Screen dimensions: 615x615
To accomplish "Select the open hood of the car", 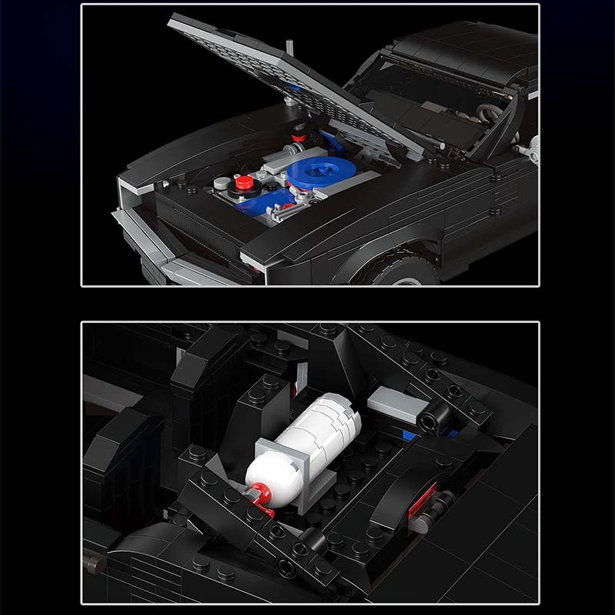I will click(x=287, y=78).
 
